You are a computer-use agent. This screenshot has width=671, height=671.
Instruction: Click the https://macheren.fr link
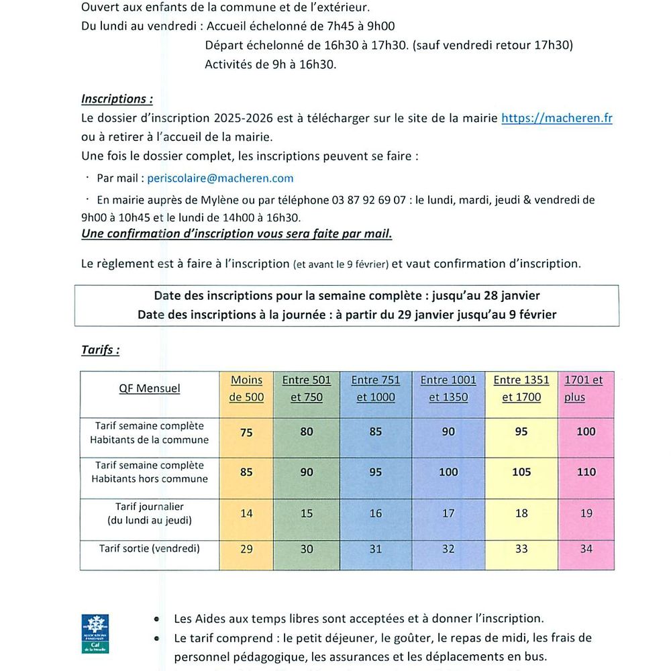point(557,118)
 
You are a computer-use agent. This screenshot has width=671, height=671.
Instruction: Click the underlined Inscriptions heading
point(117,99)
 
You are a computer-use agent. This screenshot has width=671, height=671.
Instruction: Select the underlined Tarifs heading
point(101,350)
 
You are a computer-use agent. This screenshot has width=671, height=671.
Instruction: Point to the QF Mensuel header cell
point(150,389)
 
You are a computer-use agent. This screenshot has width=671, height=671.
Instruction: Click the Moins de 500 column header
point(246,389)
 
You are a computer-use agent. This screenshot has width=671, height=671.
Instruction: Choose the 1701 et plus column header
point(583,389)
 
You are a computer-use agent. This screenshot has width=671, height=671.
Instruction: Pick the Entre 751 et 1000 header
point(375,389)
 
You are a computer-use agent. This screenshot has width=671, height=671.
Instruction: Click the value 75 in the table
point(246,433)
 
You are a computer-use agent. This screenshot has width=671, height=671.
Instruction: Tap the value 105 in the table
point(521,472)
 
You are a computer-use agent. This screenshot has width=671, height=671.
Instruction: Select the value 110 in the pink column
point(586,472)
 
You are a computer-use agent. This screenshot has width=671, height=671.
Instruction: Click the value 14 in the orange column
point(246,514)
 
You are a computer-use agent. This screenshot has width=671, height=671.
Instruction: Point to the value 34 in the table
point(586,549)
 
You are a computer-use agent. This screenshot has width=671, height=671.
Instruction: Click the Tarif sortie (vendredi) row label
point(150,549)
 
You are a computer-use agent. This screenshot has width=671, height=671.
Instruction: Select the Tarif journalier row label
point(150,513)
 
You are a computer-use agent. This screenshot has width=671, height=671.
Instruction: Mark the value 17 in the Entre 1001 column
point(448,514)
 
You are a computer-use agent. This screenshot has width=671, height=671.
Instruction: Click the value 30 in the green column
point(307,549)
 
